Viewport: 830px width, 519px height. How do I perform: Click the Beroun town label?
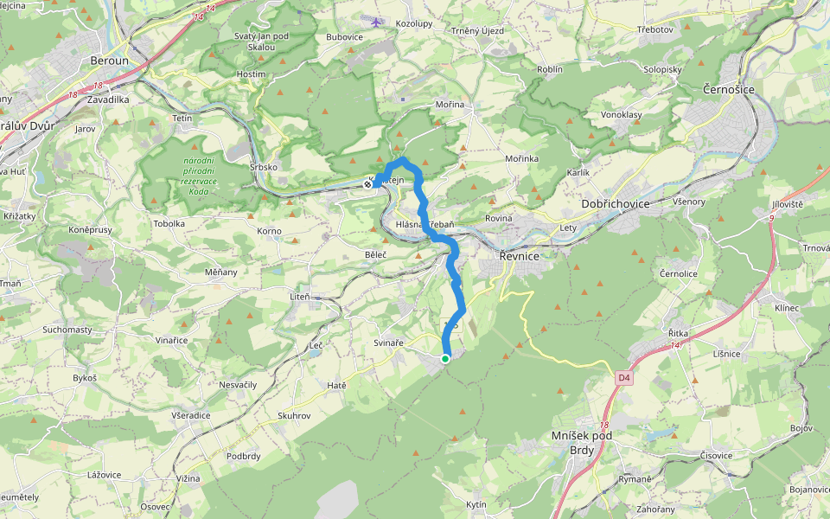click(x=110, y=61)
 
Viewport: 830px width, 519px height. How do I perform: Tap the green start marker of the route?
click(x=445, y=358)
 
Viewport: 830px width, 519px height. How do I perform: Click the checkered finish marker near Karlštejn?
click(x=369, y=183)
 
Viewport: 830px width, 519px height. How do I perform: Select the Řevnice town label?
click(x=520, y=256)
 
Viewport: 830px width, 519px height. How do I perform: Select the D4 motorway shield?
click(x=624, y=378)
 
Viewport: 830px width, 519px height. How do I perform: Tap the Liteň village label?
click(x=299, y=297)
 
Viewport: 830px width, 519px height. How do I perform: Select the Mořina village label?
click(x=450, y=105)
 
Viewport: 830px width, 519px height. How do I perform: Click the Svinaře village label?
click(x=388, y=343)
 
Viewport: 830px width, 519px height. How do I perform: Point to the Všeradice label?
click(x=190, y=415)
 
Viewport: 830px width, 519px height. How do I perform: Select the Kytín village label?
click(x=476, y=504)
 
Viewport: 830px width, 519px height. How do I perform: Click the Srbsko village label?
click(x=263, y=166)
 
